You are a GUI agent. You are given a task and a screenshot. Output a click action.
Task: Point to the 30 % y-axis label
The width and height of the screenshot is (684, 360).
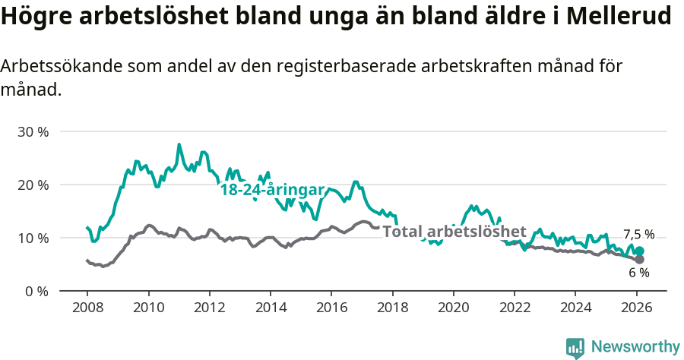(33, 131)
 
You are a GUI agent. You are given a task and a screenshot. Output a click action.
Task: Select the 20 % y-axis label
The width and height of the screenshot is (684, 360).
(33, 185)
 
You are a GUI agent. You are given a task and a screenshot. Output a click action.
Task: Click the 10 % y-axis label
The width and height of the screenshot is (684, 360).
(33, 238)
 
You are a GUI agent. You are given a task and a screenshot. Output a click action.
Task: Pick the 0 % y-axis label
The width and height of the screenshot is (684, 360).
(36, 291)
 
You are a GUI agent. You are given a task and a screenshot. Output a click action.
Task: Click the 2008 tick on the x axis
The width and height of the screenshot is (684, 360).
(87, 308)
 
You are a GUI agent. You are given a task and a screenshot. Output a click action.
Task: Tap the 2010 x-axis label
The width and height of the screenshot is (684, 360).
(148, 308)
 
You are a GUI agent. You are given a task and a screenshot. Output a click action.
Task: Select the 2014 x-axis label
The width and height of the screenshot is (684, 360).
(270, 308)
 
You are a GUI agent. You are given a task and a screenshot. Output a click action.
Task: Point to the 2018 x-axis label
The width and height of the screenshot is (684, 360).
(392, 308)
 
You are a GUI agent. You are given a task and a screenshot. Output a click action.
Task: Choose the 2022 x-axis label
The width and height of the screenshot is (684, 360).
(514, 308)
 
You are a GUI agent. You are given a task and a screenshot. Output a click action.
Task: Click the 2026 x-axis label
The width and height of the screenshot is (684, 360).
(636, 308)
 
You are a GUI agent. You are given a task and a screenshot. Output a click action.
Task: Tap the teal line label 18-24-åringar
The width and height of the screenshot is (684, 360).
(272, 190)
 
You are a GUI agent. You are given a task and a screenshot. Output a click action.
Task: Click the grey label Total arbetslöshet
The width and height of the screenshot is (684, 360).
(454, 231)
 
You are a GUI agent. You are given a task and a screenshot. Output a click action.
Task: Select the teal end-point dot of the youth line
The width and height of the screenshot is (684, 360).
(639, 251)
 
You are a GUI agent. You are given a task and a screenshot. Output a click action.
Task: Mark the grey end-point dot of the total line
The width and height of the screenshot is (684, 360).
(639, 259)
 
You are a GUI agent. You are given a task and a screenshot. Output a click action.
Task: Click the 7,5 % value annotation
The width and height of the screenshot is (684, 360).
(638, 235)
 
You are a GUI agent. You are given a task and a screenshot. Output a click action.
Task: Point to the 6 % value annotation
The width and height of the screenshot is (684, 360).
(638, 273)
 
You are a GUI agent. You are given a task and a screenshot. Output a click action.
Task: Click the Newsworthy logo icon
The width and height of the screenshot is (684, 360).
(575, 348)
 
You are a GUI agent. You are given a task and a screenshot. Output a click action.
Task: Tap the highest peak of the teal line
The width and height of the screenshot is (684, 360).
(179, 144)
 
